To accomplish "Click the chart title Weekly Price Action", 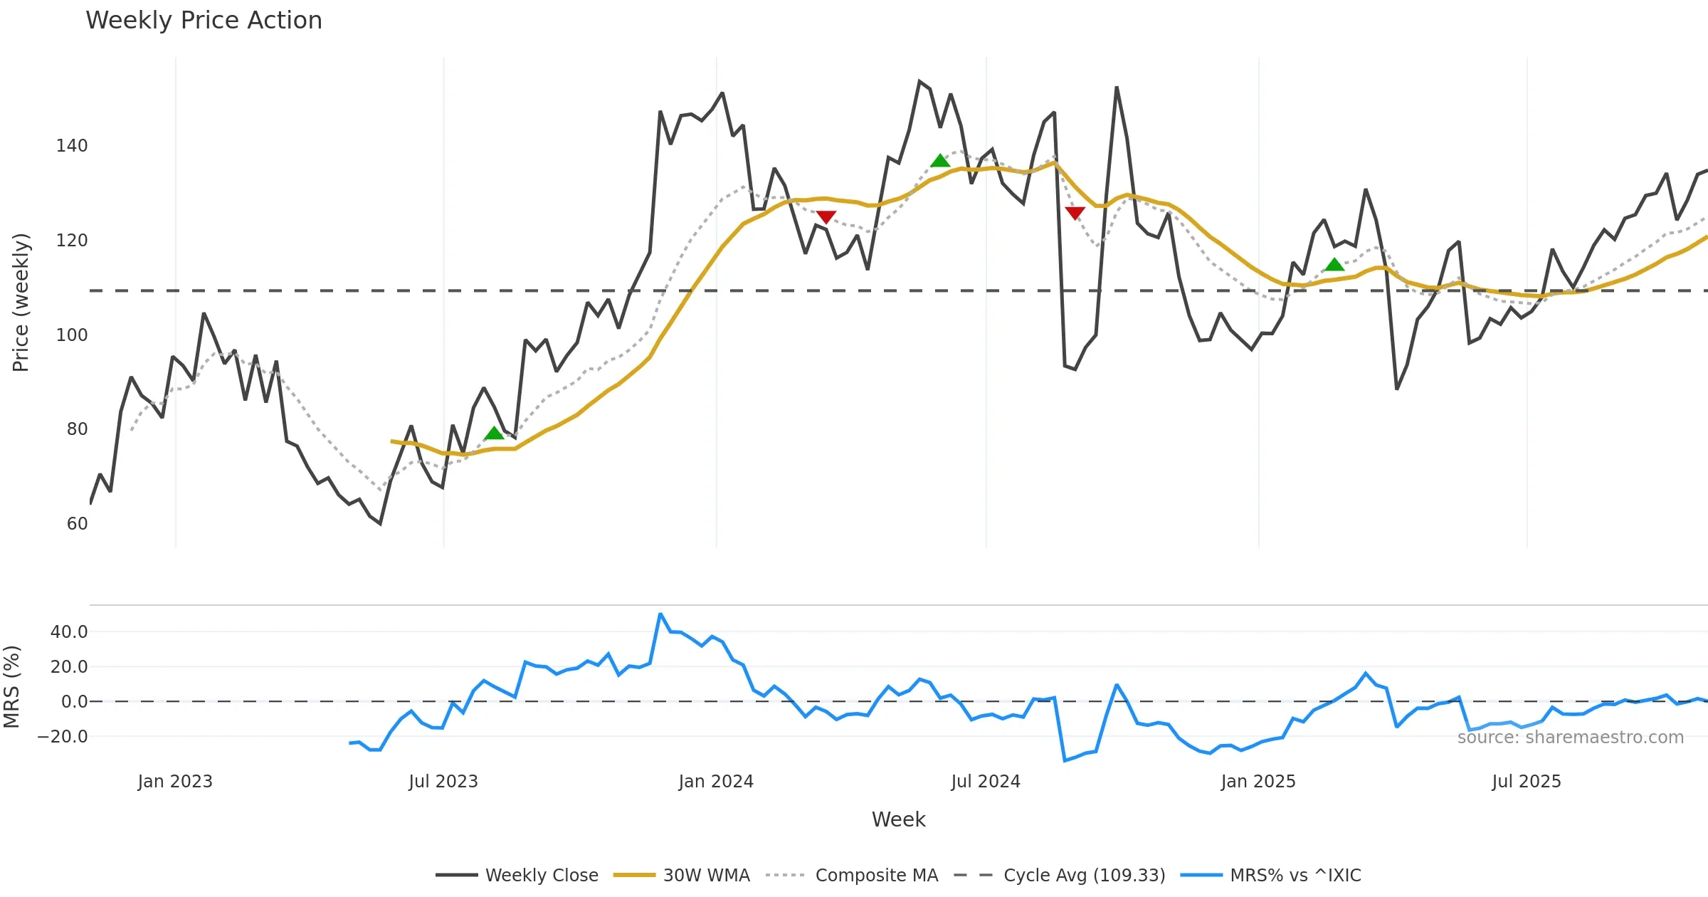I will point(204,21).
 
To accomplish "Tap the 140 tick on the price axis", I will point(72,146).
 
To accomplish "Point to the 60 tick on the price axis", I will point(77,524).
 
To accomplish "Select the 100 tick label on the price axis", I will point(72,335).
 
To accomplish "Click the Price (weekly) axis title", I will point(21,303).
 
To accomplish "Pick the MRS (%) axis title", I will point(11,687).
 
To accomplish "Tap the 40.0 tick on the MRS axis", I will point(69,632).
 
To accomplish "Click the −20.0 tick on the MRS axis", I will point(63,737).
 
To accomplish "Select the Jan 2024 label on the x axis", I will point(716,782).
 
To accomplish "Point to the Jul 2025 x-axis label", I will point(1527,782).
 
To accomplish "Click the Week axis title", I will point(898,820).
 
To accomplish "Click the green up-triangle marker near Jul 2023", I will point(494,433).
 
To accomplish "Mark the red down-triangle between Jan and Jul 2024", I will point(826,217).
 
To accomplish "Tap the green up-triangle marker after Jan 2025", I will point(1334,265).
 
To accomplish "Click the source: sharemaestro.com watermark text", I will point(1570,738).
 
